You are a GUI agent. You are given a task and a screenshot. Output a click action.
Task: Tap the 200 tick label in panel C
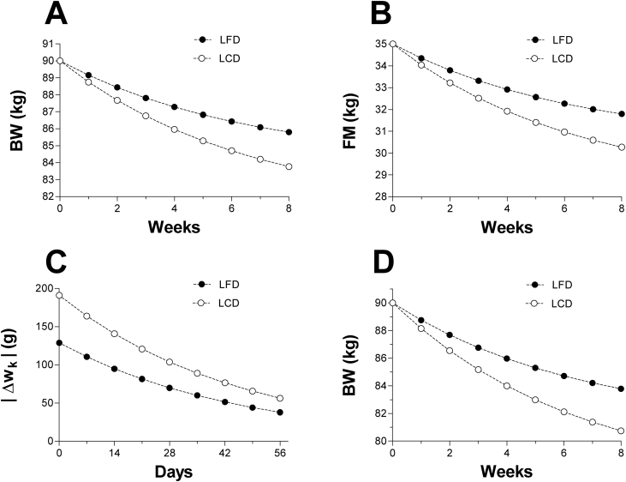coord(42,288)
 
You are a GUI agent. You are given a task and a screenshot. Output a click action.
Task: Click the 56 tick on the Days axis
coord(279,455)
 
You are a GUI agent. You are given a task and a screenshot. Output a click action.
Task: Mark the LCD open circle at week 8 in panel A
coord(289,166)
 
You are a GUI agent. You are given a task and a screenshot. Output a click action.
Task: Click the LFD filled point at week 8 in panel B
coord(621,114)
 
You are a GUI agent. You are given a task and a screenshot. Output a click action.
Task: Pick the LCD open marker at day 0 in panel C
coord(60,295)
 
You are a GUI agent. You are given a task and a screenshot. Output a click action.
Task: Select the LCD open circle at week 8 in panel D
coord(621,431)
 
